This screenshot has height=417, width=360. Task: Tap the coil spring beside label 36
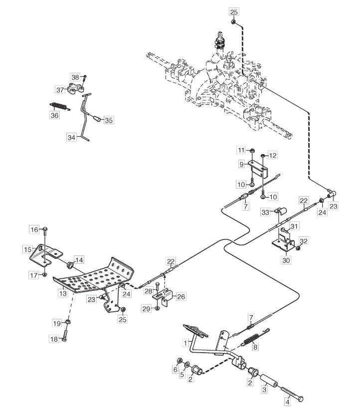point(60,106)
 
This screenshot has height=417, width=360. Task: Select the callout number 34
point(72,136)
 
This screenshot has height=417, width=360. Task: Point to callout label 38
point(75,77)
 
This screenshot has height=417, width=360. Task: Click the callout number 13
point(63,293)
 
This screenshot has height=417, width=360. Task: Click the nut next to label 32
point(298,248)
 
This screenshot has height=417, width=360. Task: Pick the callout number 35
point(109,120)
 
